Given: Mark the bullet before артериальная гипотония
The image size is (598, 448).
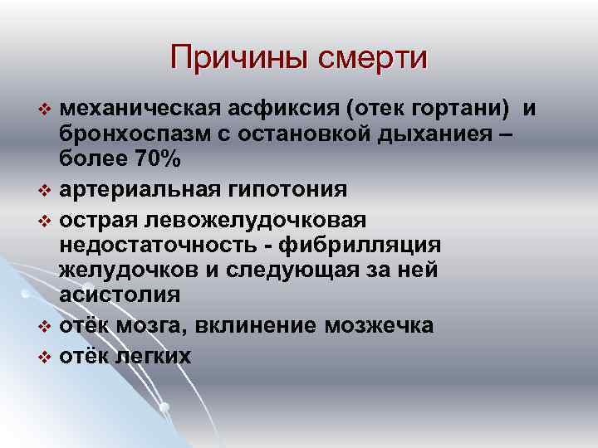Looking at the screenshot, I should pyautogui.click(x=45, y=191).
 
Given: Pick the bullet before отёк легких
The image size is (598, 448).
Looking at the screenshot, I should pyautogui.click(x=45, y=357).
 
